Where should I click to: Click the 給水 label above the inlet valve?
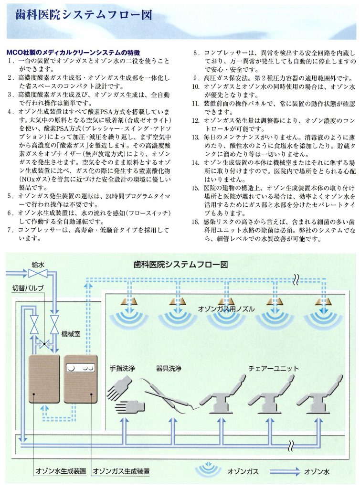(x=38, y=265)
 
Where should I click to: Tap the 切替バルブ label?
(x=28, y=288)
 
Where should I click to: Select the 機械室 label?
(x=71, y=334)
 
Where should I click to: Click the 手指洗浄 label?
(x=122, y=368)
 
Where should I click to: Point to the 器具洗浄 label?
(x=169, y=368)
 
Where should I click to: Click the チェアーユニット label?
(x=274, y=368)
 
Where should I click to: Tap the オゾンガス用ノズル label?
(x=226, y=309)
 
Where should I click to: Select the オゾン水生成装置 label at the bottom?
(x=61, y=471)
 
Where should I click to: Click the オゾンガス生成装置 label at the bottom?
(x=121, y=471)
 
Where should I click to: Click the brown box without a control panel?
(x=44, y=379)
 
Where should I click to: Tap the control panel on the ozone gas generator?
(x=80, y=369)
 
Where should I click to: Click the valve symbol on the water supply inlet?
(x=38, y=274)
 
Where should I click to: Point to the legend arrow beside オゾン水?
(x=285, y=471)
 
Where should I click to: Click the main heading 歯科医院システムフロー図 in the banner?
(x=84, y=15)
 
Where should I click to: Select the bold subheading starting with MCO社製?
(x=73, y=53)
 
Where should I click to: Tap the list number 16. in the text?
(x=195, y=222)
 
